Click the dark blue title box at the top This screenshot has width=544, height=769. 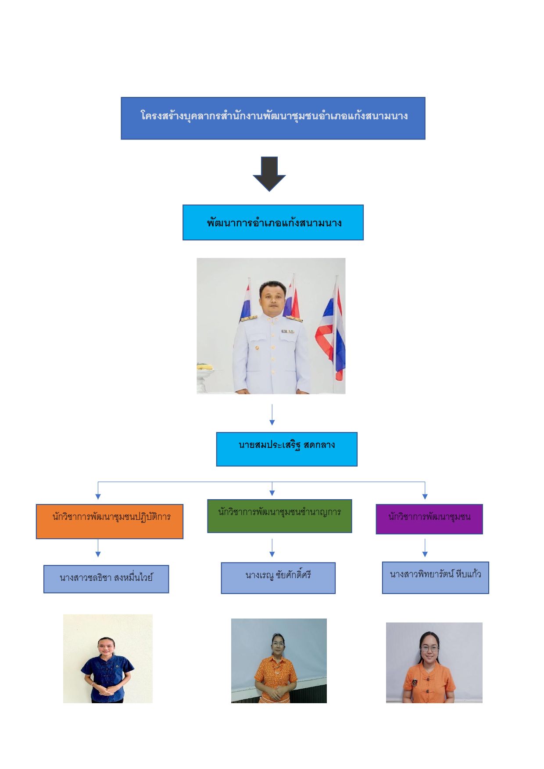pyautogui.click(x=273, y=118)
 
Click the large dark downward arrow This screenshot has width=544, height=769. pyautogui.click(x=269, y=173)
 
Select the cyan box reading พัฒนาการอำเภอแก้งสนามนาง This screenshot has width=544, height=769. pyautogui.click(x=273, y=222)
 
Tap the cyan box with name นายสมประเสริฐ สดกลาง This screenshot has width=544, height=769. pyautogui.click(x=286, y=449)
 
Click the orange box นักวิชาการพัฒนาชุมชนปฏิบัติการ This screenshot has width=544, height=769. pyautogui.click(x=109, y=521)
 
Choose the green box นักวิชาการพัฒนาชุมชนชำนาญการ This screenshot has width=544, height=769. pyautogui.click(x=279, y=516)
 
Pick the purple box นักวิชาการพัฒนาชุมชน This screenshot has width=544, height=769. pyautogui.click(x=429, y=519)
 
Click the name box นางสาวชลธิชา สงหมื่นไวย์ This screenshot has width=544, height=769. pyautogui.click(x=106, y=579)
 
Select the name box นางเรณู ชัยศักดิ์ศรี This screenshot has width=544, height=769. pyautogui.click(x=278, y=578)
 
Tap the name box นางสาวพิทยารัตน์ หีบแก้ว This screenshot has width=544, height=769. pyautogui.click(x=435, y=577)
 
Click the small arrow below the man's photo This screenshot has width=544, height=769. pyautogui.click(x=272, y=415)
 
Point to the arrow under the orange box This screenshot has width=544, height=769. pyautogui.click(x=98, y=548)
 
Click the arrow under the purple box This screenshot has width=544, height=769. pyautogui.click(x=425, y=548)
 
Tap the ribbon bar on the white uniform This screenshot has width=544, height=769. pyautogui.click(x=287, y=331)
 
